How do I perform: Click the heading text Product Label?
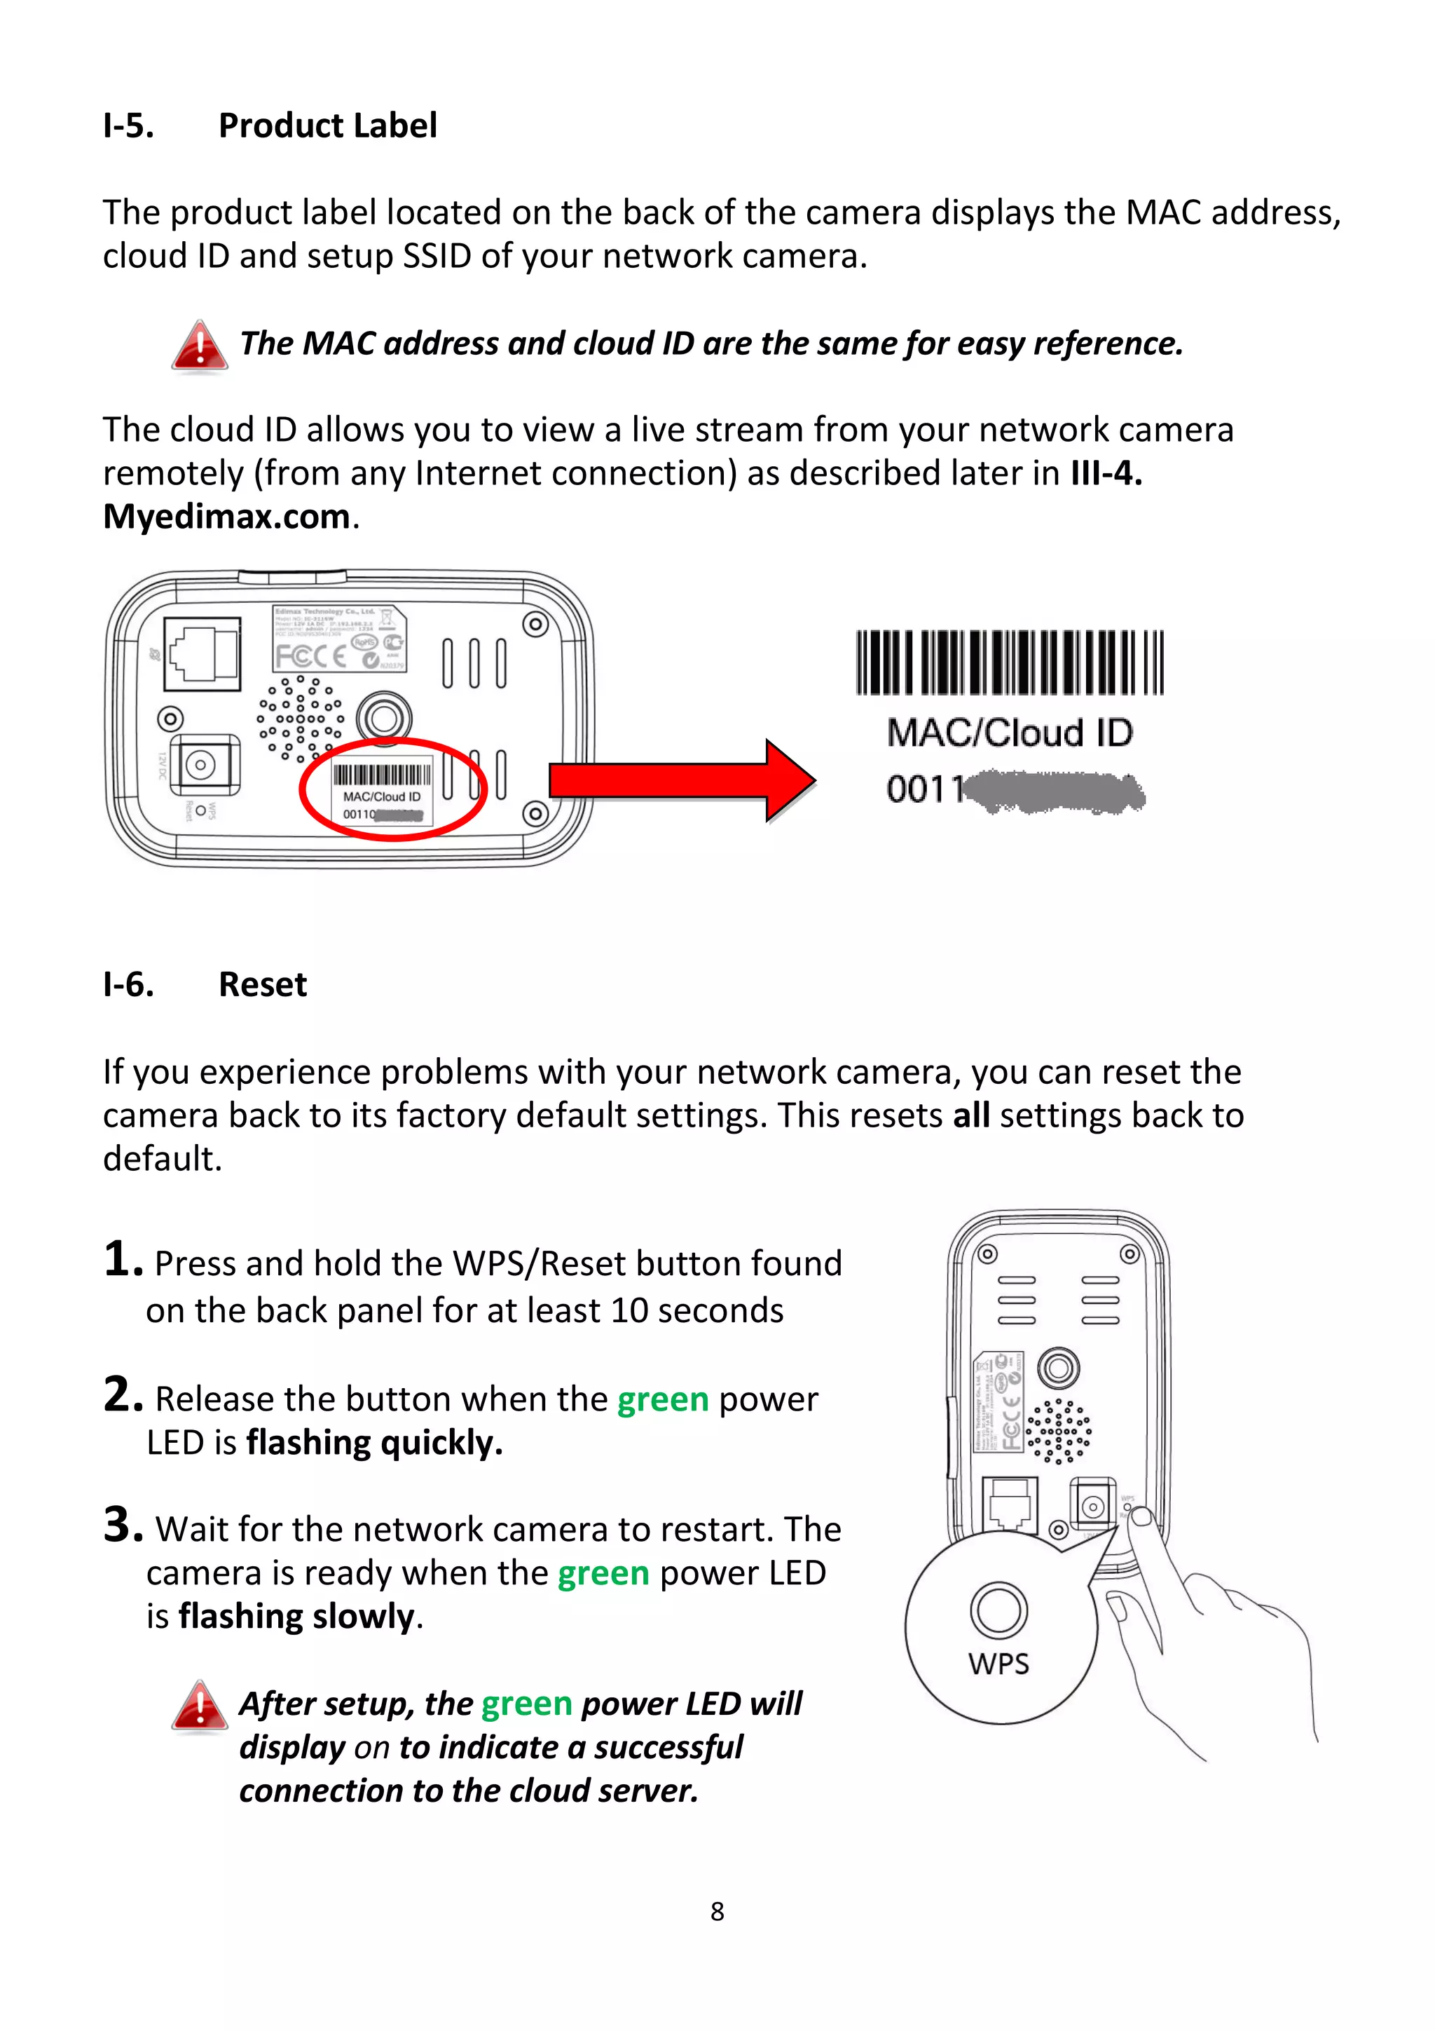click(x=327, y=125)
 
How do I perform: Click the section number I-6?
click(x=128, y=984)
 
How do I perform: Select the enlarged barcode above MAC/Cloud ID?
click(x=1009, y=663)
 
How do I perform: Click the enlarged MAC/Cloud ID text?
click(x=1009, y=733)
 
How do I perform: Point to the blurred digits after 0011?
click(x=1057, y=791)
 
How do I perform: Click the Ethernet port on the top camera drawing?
click(x=202, y=653)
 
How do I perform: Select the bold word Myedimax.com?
click(x=226, y=517)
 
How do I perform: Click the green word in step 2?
click(x=662, y=1399)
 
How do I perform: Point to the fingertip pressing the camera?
click(x=1141, y=1518)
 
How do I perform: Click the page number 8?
click(x=717, y=1912)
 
